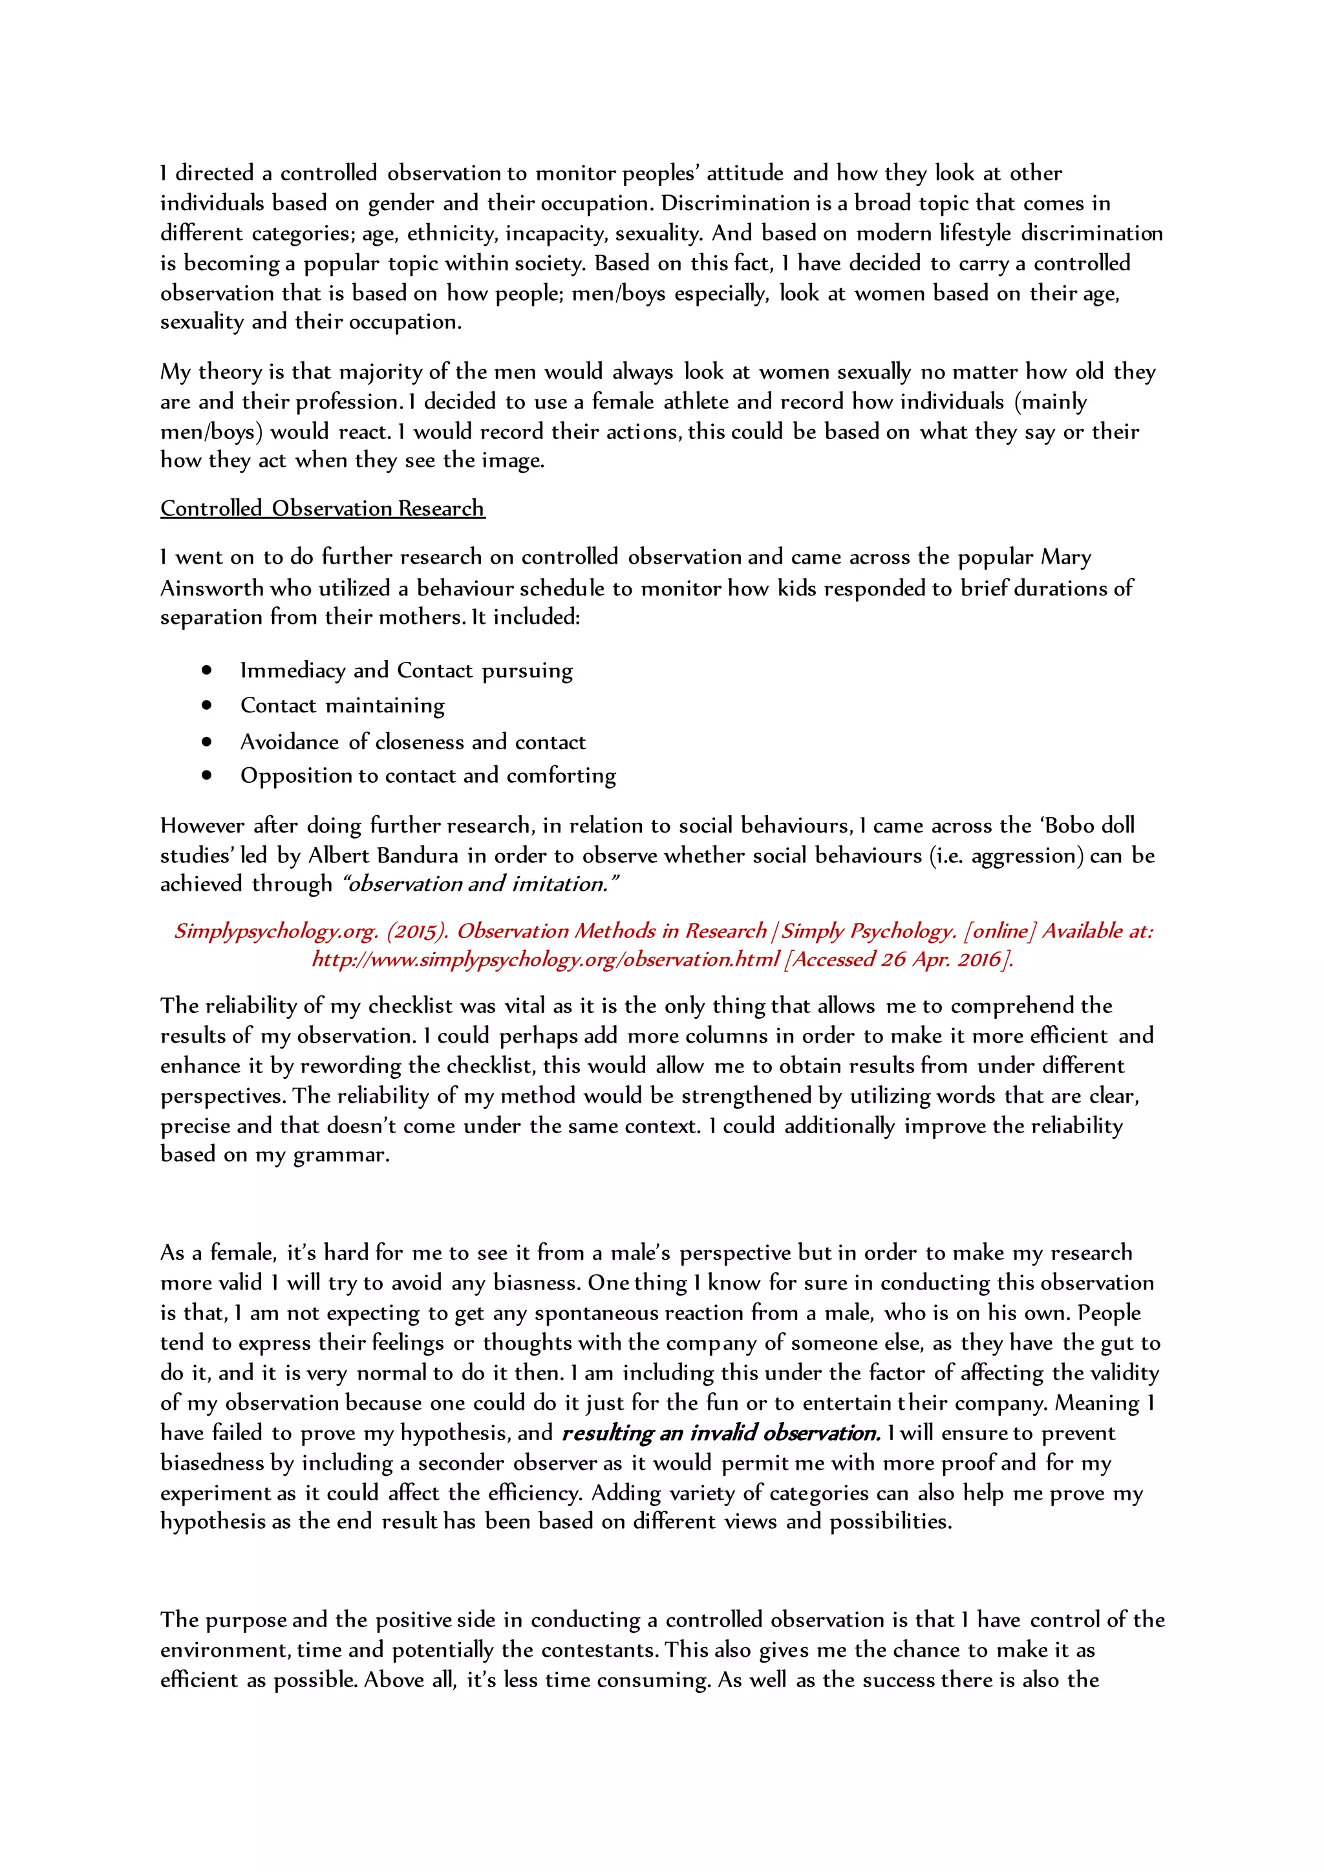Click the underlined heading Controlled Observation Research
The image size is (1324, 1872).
[x=322, y=508]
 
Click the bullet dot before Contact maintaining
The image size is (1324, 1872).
[x=207, y=705]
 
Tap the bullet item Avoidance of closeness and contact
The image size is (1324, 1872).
[x=412, y=741]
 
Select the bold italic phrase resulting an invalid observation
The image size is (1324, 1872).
[x=721, y=1432]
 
